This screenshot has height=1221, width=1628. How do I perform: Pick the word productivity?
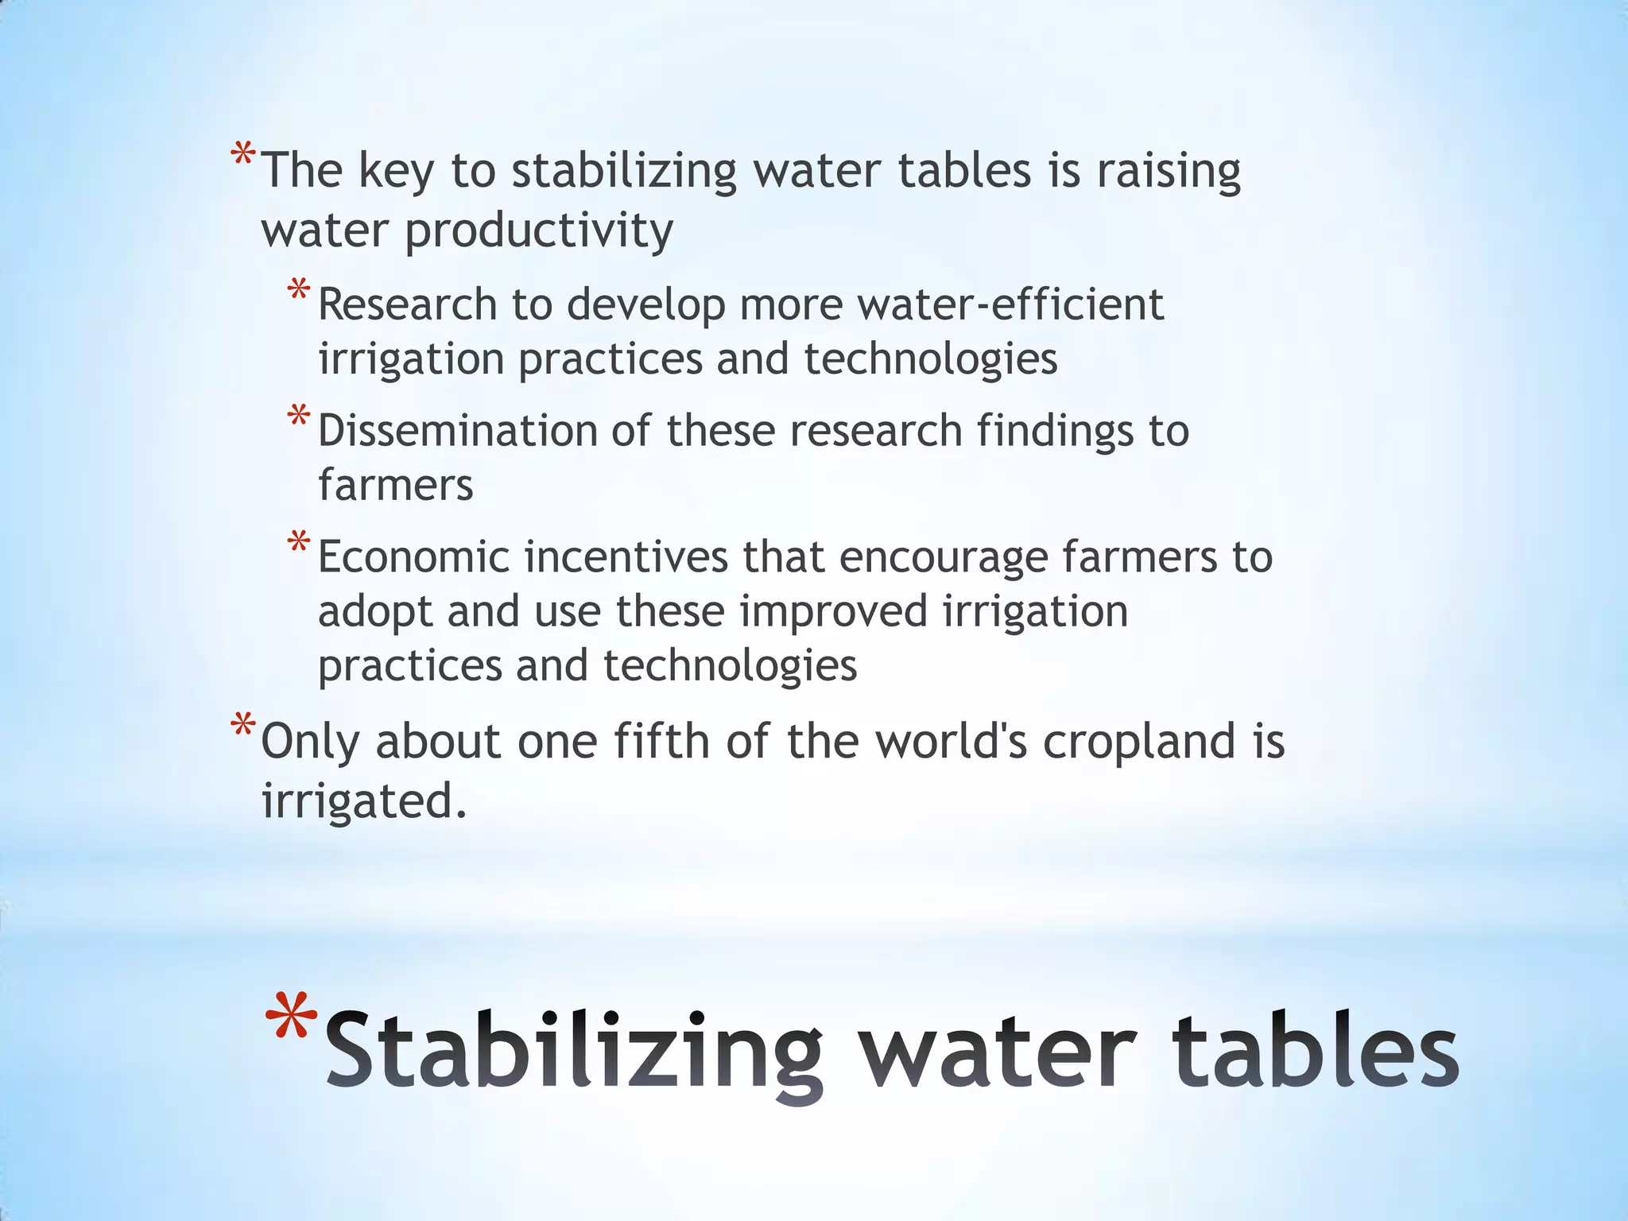[539, 232]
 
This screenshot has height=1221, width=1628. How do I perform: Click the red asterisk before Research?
[299, 290]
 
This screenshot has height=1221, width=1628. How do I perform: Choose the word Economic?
[413, 556]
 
